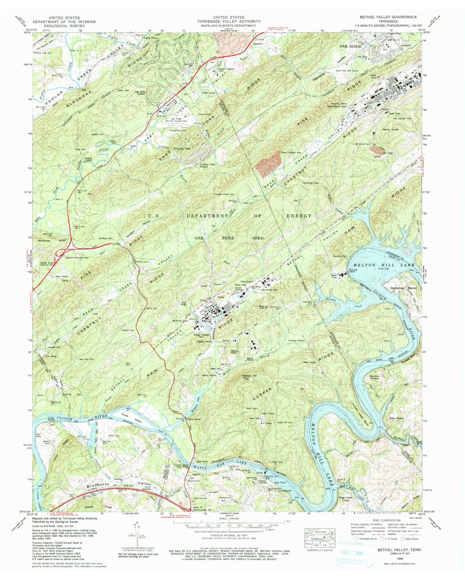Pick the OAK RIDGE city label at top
pos(350,46)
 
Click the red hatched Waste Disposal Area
pos(268,164)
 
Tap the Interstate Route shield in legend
pos(356,538)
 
